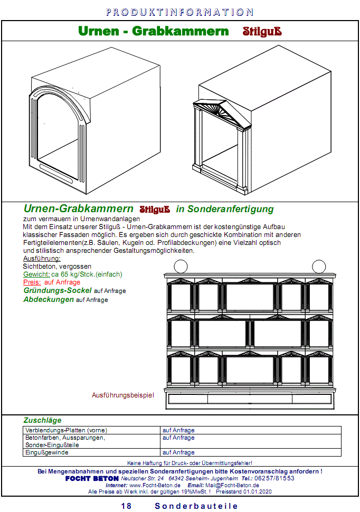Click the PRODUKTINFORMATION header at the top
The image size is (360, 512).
click(179, 12)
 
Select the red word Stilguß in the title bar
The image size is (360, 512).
click(262, 31)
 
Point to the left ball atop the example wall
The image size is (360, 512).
click(181, 267)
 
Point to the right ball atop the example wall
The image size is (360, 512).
click(318, 267)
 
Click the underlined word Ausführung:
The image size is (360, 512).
click(42, 259)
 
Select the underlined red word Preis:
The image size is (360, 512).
click(32, 282)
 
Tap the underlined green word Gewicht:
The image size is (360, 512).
click(36, 274)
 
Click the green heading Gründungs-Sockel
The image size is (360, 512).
click(58, 291)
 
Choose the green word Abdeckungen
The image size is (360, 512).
click(49, 299)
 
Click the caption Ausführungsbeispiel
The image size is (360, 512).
click(123, 395)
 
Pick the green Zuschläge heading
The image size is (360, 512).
click(42, 421)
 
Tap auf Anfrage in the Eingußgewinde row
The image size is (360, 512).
click(178, 452)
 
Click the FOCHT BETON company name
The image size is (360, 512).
click(92, 478)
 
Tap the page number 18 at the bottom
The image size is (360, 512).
click(126, 506)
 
